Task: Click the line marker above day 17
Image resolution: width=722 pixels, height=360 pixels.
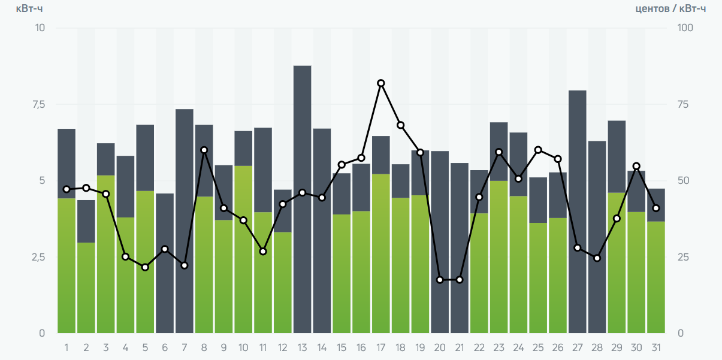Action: tap(381, 83)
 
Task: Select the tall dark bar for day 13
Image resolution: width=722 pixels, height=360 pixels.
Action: tap(303, 198)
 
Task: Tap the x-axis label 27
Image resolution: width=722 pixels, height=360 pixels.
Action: tap(578, 347)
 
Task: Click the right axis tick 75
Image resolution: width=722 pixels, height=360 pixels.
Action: tap(683, 105)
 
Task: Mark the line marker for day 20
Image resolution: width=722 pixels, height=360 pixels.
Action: tap(440, 280)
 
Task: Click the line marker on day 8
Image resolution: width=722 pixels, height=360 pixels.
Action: tap(204, 150)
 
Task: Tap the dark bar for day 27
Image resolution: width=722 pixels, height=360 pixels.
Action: tap(578, 210)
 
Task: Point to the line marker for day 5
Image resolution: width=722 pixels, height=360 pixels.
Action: tap(145, 267)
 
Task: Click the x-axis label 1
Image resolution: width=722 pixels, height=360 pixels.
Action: tap(67, 347)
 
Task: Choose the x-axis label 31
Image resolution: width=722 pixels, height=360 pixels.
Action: tap(656, 347)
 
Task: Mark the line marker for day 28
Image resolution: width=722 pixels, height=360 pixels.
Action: tap(597, 258)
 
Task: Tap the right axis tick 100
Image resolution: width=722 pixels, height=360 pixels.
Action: tap(685, 28)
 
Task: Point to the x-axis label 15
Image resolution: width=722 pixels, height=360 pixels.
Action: tap(342, 347)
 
